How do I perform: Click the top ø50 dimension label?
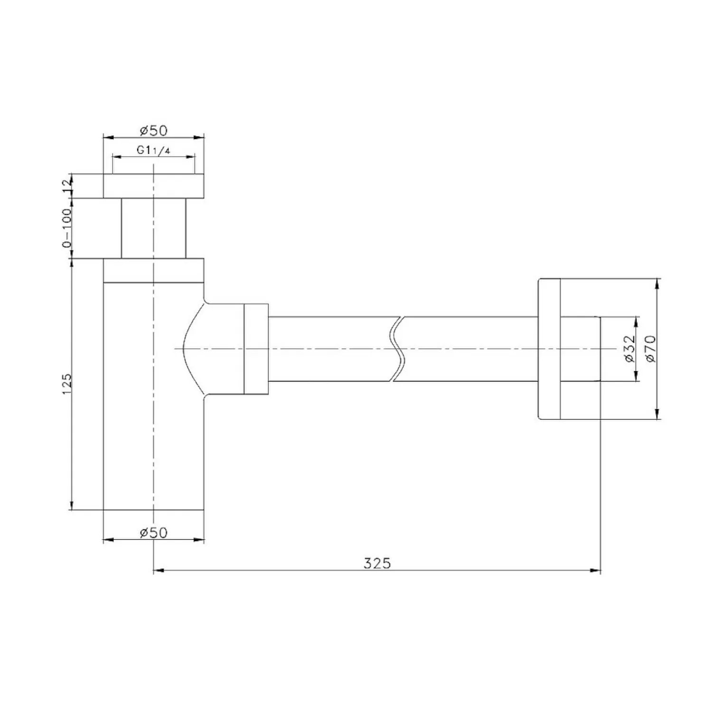pyautogui.click(x=153, y=130)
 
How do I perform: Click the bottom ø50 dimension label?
pyautogui.click(x=153, y=533)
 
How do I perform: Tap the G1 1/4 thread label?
pyautogui.click(x=153, y=150)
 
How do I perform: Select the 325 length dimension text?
pyautogui.click(x=377, y=563)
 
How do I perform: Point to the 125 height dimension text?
pyautogui.click(x=66, y=384)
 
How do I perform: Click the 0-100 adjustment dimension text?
pyautogui.click(x=66, y=228)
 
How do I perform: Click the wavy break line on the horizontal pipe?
pyautogui.click(x=398, y=349)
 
